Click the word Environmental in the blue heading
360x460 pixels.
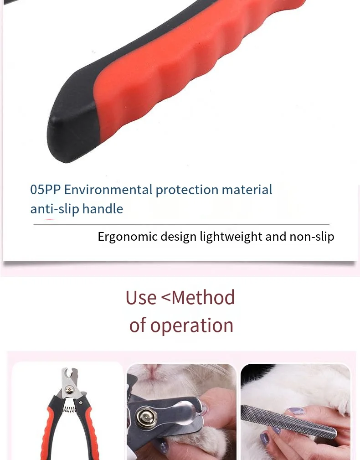[108, 190]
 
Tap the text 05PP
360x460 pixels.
[46, 190]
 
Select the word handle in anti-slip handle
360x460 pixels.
[103, 209]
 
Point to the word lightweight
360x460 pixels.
[231, 237]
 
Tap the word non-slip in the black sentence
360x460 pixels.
[312, 237]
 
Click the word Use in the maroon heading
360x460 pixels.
[141, 298]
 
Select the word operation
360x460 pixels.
[192, 325]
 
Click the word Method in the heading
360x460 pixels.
[203, 298]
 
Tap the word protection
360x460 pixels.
[187, 190]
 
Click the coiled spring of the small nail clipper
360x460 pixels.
[70, 408]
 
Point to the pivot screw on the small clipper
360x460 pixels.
[69, 390]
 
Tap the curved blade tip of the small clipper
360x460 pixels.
[69, 373]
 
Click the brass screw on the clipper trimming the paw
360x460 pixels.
[146, 418]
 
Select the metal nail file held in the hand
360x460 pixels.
[289, 422]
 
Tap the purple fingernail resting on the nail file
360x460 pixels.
[297, 411]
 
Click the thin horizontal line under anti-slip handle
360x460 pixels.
[181, 225]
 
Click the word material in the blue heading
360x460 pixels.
[247, 190]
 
